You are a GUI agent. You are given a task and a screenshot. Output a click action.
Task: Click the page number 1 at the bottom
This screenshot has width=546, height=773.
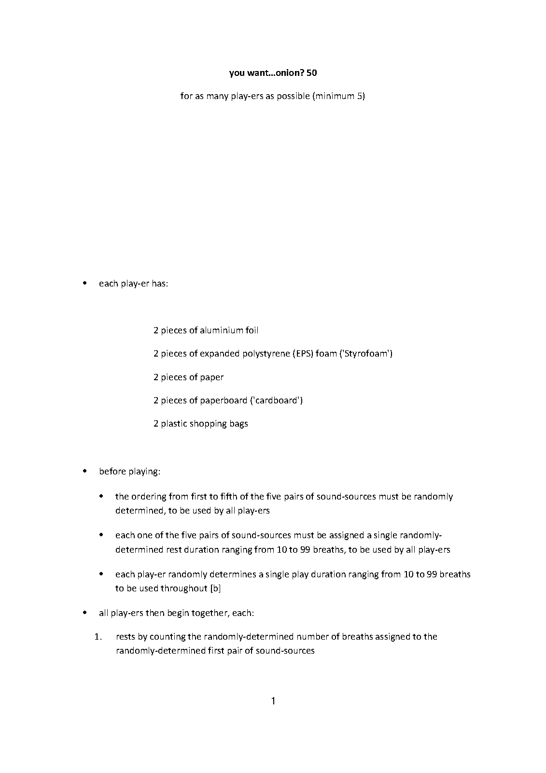273,701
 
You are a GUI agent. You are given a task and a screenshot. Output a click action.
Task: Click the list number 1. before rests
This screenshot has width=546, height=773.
98,637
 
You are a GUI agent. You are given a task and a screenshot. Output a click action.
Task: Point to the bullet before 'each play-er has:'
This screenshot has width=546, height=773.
85,283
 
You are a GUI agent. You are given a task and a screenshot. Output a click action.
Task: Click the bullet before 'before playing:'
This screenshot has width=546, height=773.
85,471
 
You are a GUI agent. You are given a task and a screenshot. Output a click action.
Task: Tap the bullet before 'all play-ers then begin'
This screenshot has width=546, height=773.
85,613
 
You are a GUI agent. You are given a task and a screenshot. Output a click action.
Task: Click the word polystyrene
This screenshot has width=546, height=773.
264,354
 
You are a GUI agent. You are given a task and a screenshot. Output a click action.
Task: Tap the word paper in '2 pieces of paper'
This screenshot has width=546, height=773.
212,377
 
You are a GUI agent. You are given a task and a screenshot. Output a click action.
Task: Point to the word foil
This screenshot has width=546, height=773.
252,330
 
